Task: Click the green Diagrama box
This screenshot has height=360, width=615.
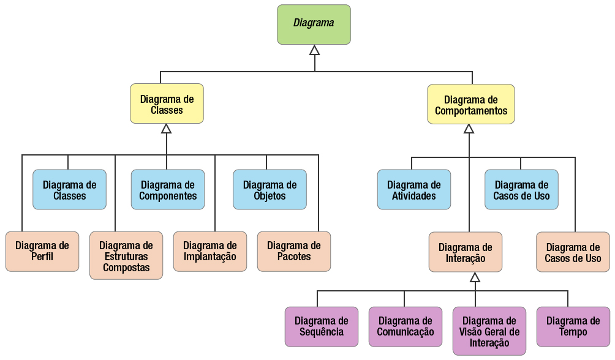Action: point(314,24)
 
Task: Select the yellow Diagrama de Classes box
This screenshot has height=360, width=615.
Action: point(167,104)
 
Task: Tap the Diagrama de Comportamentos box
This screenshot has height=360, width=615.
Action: point(470,105)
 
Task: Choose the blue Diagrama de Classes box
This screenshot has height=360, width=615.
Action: point(69,190)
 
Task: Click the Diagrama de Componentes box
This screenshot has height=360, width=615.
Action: point(168,190)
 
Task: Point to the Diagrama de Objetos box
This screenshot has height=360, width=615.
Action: point(270,190)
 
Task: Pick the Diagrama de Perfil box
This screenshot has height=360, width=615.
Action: point(42,251)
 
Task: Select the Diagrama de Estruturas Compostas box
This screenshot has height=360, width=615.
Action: point(126,255)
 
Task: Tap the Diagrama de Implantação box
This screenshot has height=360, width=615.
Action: point(209,251)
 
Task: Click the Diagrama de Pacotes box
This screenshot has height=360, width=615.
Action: point(293,251)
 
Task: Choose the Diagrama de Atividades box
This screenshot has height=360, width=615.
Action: point(414,190)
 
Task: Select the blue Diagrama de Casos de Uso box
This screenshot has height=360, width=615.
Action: point(521,190)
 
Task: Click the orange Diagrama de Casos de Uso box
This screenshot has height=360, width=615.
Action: point(573,252)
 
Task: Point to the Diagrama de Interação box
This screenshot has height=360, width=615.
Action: point(466,252)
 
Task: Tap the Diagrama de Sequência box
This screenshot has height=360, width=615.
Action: point(322,326)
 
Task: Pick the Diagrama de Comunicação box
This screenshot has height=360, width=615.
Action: point(405,326)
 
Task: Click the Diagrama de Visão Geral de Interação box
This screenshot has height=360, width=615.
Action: point(489,331)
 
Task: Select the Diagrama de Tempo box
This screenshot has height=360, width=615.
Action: point(573,326)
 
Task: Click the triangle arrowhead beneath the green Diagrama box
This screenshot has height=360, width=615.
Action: point(314,50)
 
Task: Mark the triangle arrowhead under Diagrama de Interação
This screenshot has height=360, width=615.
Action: point(475,277)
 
